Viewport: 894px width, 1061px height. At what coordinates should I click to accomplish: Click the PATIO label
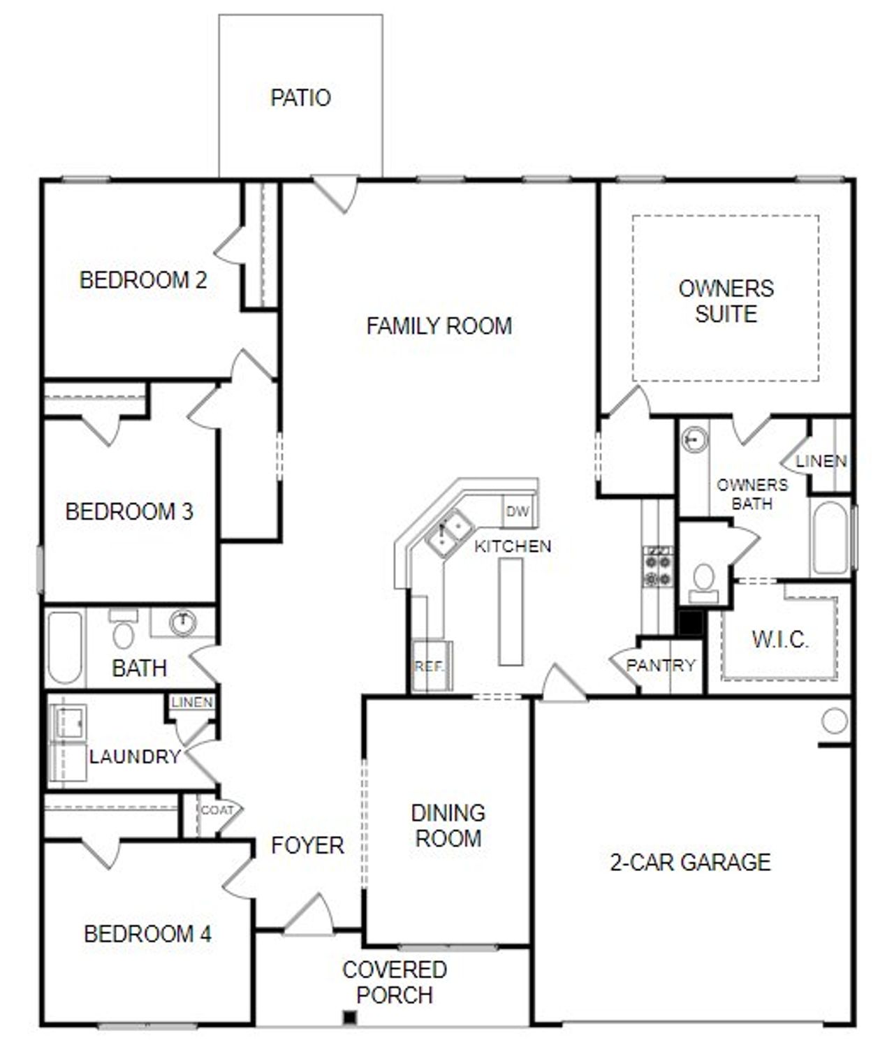click(300, 98)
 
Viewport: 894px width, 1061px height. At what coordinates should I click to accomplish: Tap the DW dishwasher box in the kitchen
click(518, 511)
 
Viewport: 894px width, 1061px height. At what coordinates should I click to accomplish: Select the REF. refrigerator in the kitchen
click(430, 667)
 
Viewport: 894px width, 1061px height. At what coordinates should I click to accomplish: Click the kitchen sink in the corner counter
click(448, 533)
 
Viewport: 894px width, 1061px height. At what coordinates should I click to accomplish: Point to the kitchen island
click(511, 612)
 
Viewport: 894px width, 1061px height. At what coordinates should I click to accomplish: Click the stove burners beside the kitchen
click(658, 566)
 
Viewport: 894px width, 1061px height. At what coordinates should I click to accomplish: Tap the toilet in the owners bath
click(703, 582)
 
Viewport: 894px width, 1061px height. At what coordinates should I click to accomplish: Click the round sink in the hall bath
click(183, 621)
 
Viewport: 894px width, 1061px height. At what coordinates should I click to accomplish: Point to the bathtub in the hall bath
click(64, 647)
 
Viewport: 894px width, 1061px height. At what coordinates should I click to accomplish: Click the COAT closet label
click(217, 810)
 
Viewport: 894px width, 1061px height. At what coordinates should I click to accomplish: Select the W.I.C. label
click(780, 639)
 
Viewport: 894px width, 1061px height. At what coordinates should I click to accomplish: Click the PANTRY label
click(661, 665)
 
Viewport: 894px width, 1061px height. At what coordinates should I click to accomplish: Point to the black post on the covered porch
click(350, 1018)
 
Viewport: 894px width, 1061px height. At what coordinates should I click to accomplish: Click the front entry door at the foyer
click(309, 916)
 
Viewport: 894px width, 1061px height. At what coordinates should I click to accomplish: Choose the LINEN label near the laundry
click(192, 703)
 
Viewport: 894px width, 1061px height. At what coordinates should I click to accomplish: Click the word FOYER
click(307, 845)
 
